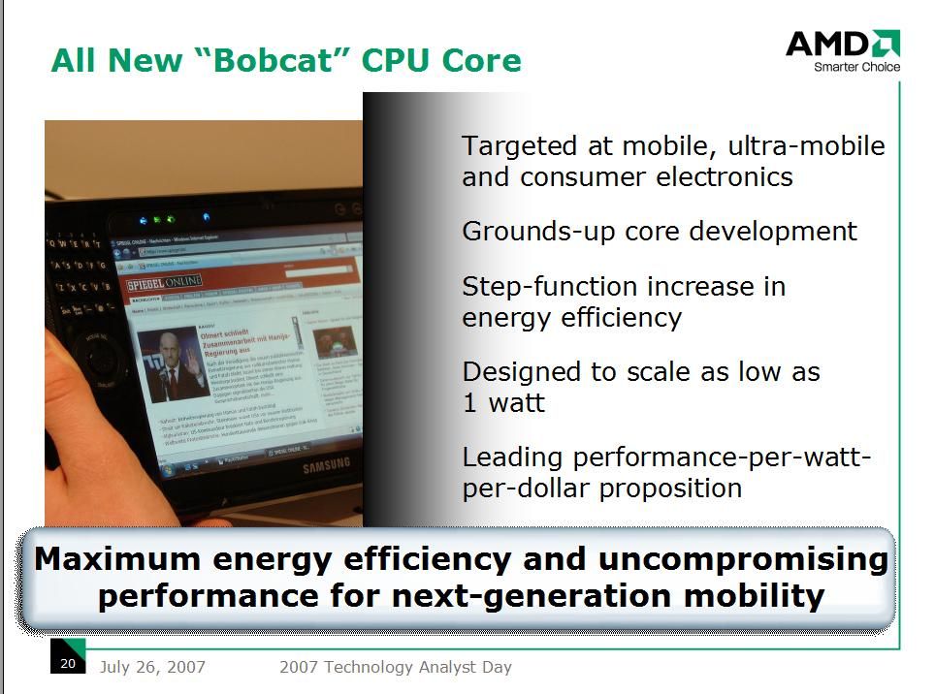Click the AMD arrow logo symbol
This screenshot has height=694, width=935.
(x=885, y=44)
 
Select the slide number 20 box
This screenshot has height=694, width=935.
(x=68, y=663)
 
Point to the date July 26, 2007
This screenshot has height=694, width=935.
(x=152, y=667)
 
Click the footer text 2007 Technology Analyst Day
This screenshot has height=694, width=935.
(x=395, y=667)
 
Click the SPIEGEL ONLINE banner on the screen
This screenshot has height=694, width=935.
(x=165, y=282)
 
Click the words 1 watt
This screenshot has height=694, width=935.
(x=503, y=402)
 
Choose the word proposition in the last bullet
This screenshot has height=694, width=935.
(x=671, y=488)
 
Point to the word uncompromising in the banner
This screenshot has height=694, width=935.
(x=743, y=560)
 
